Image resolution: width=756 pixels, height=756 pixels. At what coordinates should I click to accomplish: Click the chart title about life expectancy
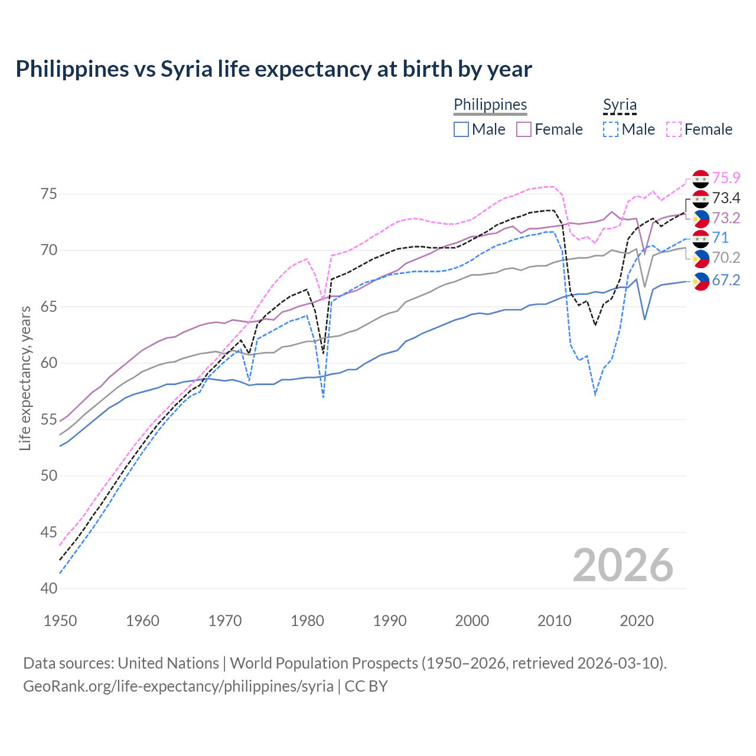click(273, 69)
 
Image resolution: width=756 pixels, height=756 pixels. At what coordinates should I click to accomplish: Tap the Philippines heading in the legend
click(490, 105)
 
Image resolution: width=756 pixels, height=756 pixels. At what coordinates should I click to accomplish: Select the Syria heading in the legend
click(620, 105)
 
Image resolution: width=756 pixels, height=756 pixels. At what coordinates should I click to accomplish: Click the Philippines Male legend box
click(461, 129)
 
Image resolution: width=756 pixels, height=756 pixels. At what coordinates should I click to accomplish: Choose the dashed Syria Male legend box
click(611, 129)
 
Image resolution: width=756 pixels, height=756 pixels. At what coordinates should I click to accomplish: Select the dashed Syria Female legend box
click(674, 129)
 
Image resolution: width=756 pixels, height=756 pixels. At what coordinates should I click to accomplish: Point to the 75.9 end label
click(726, 178)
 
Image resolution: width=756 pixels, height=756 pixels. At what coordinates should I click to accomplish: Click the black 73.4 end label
click(726, 198)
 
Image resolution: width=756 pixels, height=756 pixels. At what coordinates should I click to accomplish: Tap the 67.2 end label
click(726, 280)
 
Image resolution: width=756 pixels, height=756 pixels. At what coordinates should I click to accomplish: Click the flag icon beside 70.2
click(700, 258)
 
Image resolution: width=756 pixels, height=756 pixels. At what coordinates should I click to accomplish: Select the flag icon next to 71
click(700, 238)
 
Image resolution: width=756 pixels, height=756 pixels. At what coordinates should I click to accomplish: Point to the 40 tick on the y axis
click(49, 589)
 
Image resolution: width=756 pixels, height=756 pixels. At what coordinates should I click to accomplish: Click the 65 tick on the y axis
click(49, 307)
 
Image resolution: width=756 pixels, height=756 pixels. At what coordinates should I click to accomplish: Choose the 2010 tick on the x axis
click(555, 621)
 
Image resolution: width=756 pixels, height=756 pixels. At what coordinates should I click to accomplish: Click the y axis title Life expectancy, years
click(25, 378)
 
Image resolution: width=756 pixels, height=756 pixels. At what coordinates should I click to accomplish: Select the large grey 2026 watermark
click(623, 565)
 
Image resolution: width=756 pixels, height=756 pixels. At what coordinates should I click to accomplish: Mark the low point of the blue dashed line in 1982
click(324, 397)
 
